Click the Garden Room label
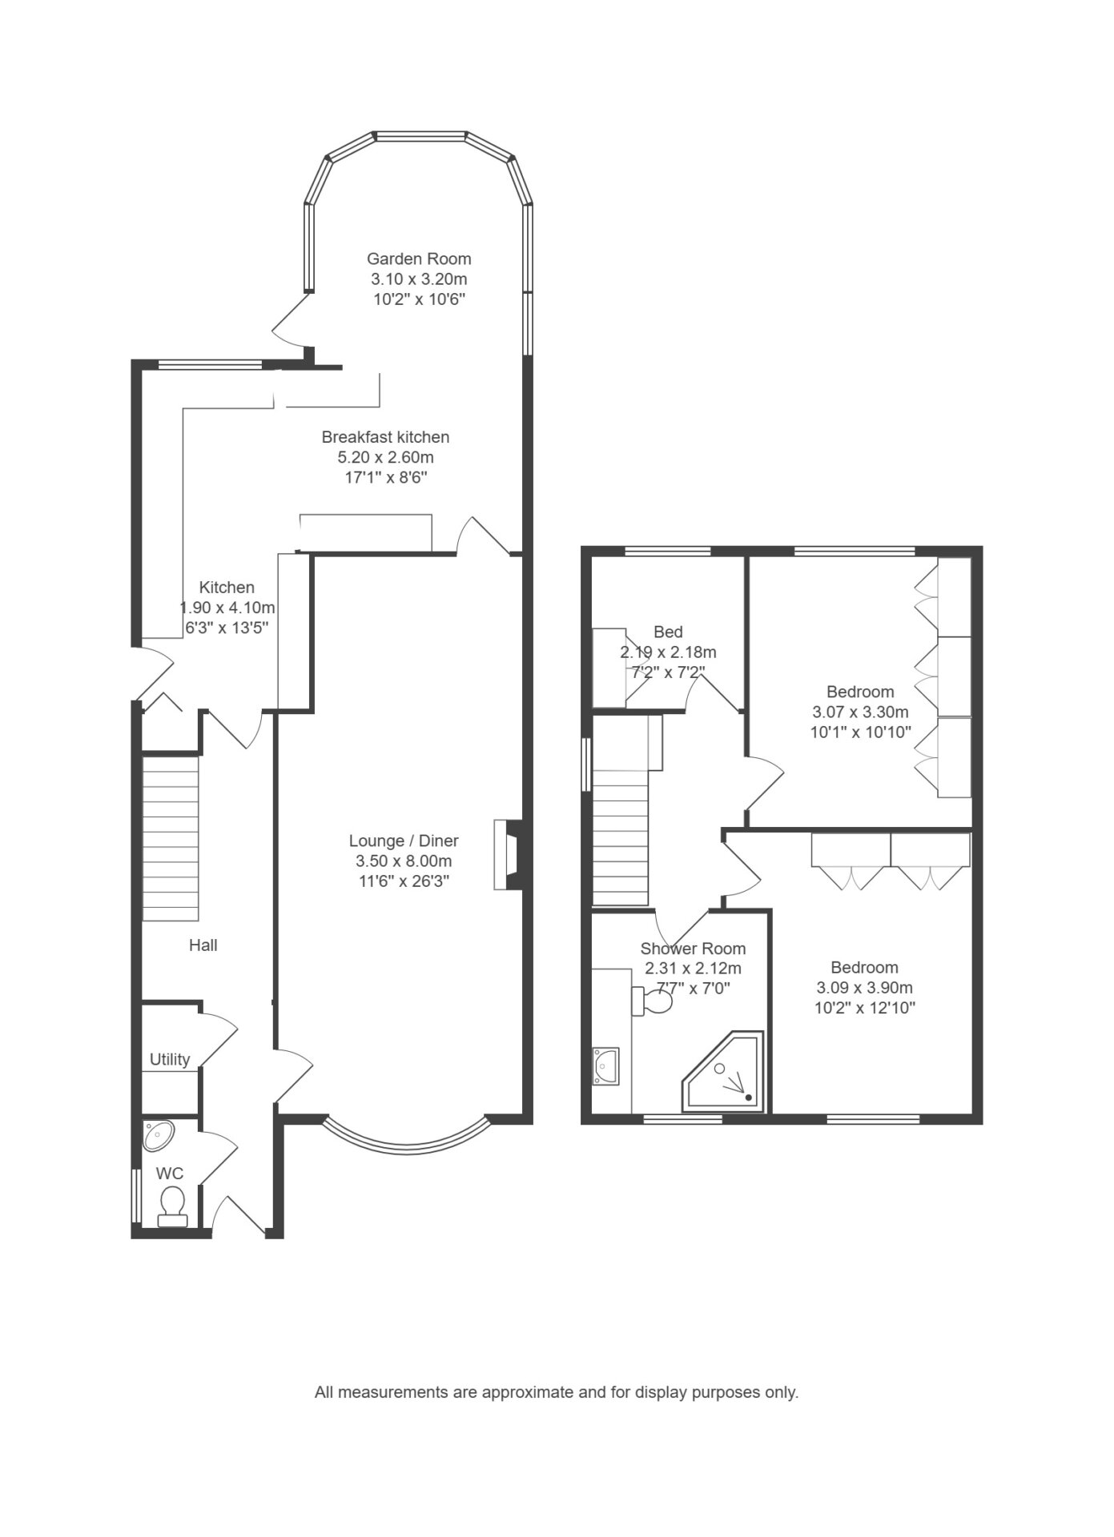click(x=419, y=259)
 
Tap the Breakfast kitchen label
click(x=385, y=437)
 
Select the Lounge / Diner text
click(x=404, y=841)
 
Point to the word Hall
click(x=203, y=945)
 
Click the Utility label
click(x=170, y=1060)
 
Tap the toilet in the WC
click(x=172, y=1206)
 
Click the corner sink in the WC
click(x=158, y=1135)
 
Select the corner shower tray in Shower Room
click(x=722, y=1072)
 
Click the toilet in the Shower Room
click(x=654, y=1001)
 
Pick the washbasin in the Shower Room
click(x=605, y=1066)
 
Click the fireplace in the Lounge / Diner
click(x=509, y=855)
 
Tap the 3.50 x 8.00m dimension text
click(x=404, y=861)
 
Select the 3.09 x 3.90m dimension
click(x=865, y=988)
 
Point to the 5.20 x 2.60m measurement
click(x=385, y=458)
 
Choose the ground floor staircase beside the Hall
click(x=171, y=838)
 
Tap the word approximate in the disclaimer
click(x=521, y=1392)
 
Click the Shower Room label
click(x=693, y=949)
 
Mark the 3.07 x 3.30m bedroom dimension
click(x=861, y=712)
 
